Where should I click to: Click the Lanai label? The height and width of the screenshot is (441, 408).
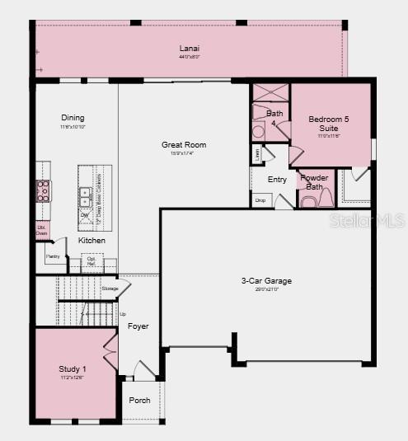190,48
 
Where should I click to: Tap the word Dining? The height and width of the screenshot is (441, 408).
73,118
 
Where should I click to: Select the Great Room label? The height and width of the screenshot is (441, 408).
183,145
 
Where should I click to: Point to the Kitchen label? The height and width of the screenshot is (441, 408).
91,240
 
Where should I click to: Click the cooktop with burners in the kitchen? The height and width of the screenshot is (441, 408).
43,191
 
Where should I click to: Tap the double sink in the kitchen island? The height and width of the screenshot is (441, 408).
85,195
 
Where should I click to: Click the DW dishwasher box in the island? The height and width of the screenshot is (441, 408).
85,216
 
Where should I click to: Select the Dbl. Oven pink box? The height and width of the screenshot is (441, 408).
42,231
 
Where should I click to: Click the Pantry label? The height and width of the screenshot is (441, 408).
54,255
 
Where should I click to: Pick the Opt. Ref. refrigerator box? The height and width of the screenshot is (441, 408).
91,262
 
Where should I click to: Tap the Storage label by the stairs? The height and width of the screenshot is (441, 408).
110,289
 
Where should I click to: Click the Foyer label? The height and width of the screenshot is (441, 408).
138,326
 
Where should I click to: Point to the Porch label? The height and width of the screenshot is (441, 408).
140,401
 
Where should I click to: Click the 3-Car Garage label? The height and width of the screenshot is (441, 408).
266,281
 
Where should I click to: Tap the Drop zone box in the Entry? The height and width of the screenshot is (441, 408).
260,200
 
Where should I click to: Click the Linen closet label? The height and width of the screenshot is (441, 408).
257,152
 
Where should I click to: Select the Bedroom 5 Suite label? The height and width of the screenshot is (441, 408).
329,124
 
